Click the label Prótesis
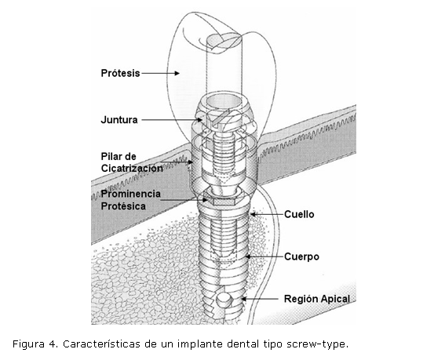click(120, 73)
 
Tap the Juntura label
click(119, 120)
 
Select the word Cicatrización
click(132, 168)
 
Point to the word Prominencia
click(131, 194)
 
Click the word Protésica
click(123, 206)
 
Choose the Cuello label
click(299, 214)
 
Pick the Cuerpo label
click(301, 256)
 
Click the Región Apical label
click(317, 299)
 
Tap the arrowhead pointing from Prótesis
click(177, 73)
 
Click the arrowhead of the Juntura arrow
click(200, 120)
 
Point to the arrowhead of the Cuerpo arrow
click(248, 256)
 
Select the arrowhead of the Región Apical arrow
click(243, 299)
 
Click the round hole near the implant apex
click(224, 300)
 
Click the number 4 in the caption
click(53, 344)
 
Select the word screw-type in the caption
click(317, 344)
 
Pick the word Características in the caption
click(101, 344)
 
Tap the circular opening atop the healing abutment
click(224, 101)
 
